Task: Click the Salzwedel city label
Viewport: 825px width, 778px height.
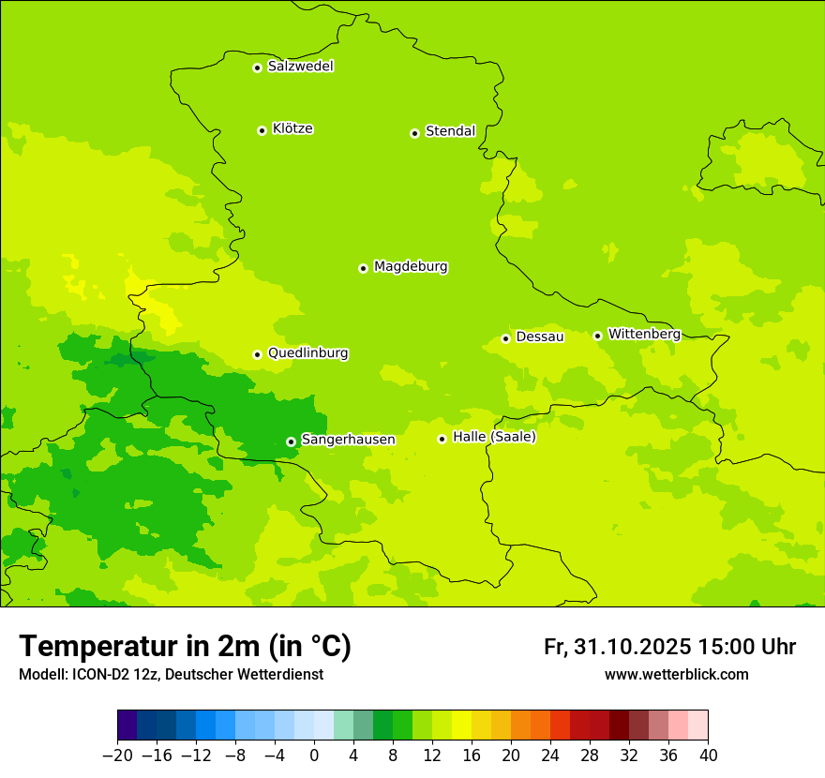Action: (300, 67)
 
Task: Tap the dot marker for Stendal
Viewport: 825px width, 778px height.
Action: (414, 133)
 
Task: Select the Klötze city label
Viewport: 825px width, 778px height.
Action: (292, 128)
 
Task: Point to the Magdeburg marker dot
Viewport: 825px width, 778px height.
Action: (363, 268)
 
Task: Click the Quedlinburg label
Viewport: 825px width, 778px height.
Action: (307, 353)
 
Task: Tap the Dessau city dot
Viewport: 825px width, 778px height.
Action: (505, 338)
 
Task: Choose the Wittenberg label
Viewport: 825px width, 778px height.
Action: (643, 334)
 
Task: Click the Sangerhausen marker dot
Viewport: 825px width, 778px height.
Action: (291, 441)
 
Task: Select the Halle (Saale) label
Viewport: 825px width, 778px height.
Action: (494, 437)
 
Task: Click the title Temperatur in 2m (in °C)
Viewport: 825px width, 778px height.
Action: (185, 646)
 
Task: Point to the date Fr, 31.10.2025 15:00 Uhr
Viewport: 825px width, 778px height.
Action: (669, 647)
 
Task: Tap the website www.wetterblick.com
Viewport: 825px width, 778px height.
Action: (676, 674)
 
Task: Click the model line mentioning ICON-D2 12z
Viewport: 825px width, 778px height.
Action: (171, 674)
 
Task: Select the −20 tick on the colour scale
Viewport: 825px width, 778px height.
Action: (117, 756)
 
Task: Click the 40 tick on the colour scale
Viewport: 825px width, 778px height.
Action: (708, 756)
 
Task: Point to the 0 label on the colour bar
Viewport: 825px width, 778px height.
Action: (314, 756)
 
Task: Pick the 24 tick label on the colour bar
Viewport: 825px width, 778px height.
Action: (550, 756)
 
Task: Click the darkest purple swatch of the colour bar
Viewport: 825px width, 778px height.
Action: (127, 726)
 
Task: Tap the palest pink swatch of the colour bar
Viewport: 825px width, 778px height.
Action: (697, 726)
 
